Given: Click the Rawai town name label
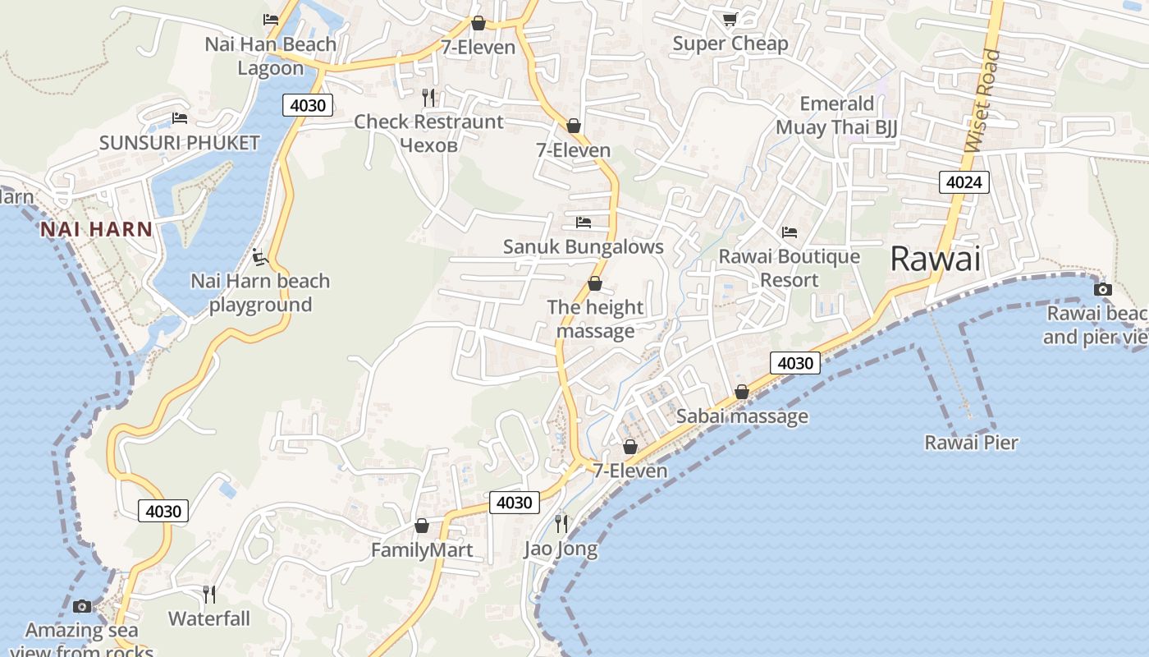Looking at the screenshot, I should [x=935, y=259].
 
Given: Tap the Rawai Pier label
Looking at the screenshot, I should [x=971, y=443].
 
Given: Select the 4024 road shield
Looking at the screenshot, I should [x=964, y=182].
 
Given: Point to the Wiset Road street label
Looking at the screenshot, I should [x=983, y=100].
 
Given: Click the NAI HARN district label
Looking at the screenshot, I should [x=97, y=229].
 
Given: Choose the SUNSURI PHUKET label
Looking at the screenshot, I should [x=179, y=143].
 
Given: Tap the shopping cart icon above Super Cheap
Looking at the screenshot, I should [x=730, y=19].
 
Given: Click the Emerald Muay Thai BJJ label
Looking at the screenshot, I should [x=836, y=115].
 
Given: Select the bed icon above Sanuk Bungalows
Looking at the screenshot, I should [x=584, y=223].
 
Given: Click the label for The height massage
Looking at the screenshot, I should [x=595, y=319].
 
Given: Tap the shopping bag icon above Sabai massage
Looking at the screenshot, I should [x=741, y=393].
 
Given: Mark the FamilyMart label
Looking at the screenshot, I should [x=422, y=549].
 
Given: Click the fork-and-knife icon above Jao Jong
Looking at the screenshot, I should [x=561, y=523].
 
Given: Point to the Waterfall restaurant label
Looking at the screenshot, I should [x=209, y=618].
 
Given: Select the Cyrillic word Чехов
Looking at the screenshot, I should [x=428, y=145].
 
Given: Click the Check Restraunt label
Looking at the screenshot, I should [x=428, y=122].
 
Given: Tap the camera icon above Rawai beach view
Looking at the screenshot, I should [x=1103, y=289].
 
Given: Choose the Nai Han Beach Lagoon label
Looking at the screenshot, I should [x=270, y=56].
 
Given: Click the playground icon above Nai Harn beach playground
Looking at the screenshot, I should [x=259, y=257].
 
